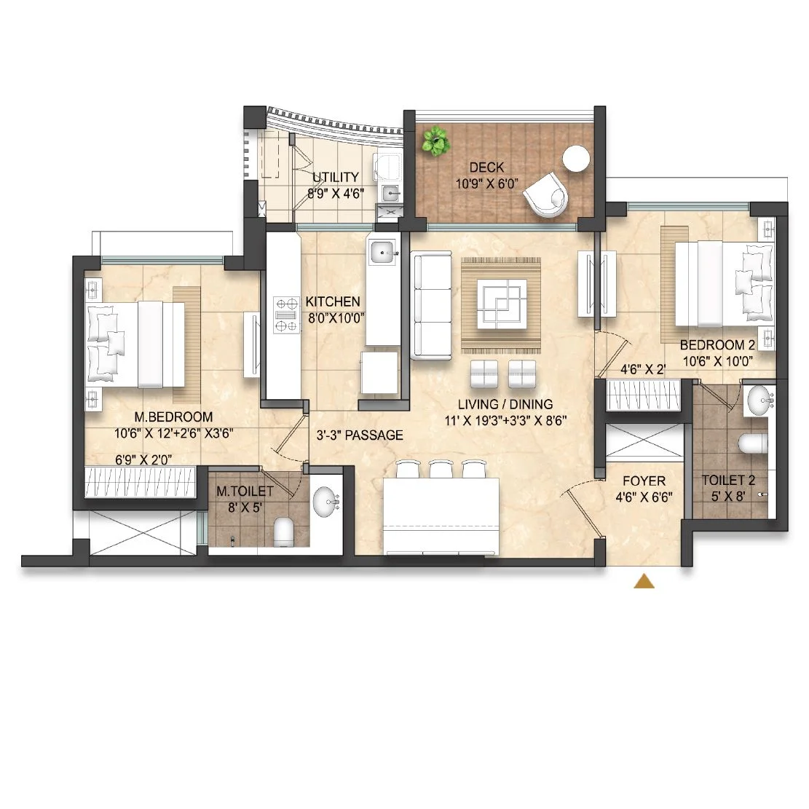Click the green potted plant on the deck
point(435,141)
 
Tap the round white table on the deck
point(576,159)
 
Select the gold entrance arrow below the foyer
point(644,581)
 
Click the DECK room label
point(486,167)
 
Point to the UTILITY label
point(336,177)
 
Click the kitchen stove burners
point(286,315)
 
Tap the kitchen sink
point(384,252)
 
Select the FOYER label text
point(644,481)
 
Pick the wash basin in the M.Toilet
point(326,502)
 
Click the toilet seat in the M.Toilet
point(283,532)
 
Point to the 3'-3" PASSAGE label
point(360,435)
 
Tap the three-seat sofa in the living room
point(431,305)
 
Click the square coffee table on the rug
point(502,304)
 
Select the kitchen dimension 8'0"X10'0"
point(336,317)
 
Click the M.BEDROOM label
point(173,417)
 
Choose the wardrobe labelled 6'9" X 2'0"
point(141,482)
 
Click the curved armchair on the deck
point(545,194)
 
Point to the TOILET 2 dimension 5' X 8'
point(728,497)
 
